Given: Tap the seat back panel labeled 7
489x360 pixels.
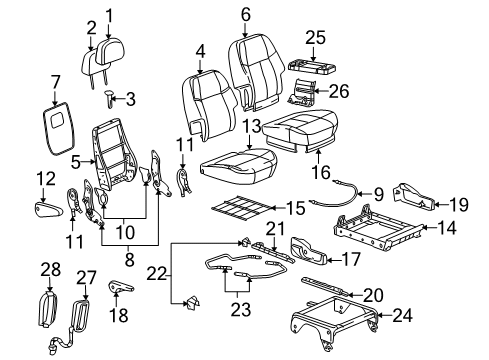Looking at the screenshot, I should coord(56,127).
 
